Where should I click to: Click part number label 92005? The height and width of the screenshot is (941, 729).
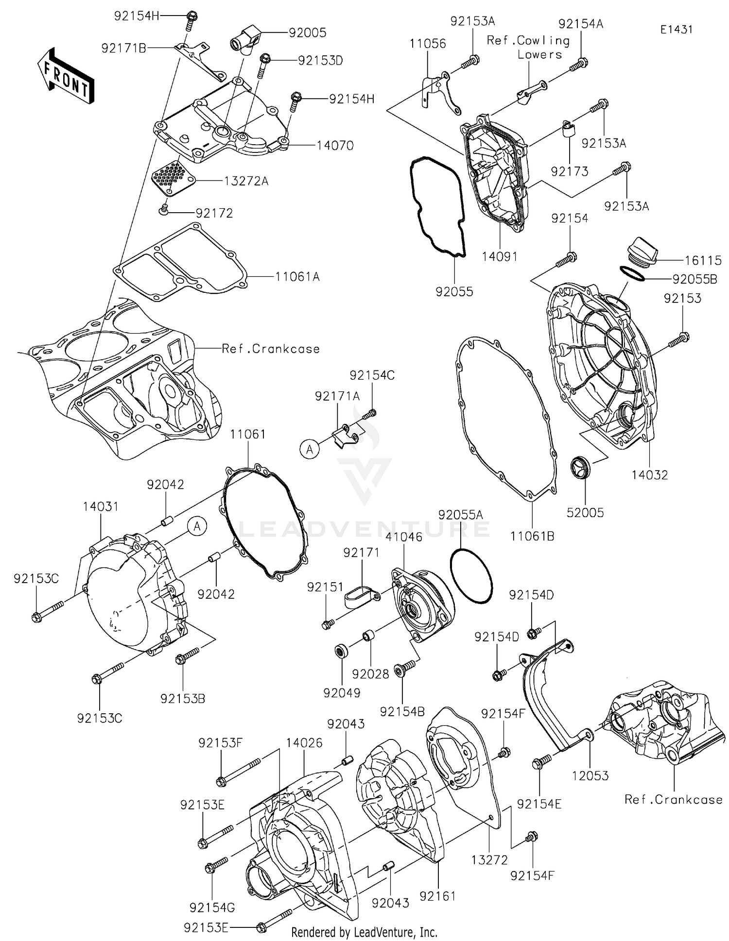(x=307, y=33)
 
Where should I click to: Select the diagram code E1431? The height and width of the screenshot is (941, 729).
(x=676, y=30)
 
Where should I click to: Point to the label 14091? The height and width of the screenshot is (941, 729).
(x=500, y=256)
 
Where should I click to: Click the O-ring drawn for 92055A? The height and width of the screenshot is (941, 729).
(x=471, y=576)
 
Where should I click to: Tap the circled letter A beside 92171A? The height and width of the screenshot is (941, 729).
(x=310, y=450)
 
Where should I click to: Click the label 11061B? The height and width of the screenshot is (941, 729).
(x=532, y=536)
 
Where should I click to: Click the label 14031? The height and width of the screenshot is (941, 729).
(x=100, y=506)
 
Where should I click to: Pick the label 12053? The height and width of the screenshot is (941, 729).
(x=590, y=775)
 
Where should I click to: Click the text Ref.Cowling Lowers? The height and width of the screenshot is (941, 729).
(x=528, y=48)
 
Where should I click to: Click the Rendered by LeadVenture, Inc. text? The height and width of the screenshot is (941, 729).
(x=364, y=932)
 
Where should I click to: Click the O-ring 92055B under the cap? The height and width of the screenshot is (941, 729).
(x=632, y=273)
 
